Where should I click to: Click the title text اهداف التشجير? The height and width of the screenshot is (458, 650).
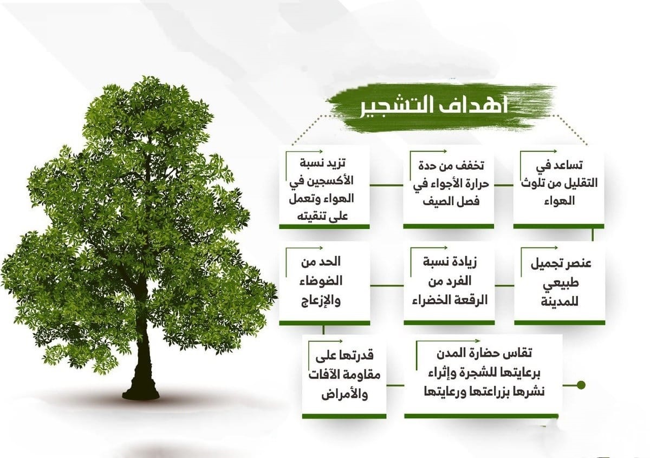coord(434,107)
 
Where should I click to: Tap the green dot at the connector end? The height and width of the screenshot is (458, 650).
coord(581,385)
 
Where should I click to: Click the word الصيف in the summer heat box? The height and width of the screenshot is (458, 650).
coord(437,201)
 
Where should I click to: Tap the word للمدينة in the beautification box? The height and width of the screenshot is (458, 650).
coord(560,302)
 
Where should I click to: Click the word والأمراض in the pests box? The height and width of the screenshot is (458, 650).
coord(344,394)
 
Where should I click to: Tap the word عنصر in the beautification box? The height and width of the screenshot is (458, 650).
coord(578,264)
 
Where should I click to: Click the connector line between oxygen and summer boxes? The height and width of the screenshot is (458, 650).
coord(387,185)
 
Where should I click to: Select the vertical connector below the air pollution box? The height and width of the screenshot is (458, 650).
coord(592,235)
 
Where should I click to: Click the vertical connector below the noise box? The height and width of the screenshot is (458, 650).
coord(323,330)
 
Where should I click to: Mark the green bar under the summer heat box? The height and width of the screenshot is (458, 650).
coord(448,226)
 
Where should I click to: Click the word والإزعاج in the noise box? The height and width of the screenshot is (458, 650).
coord(321,300)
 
